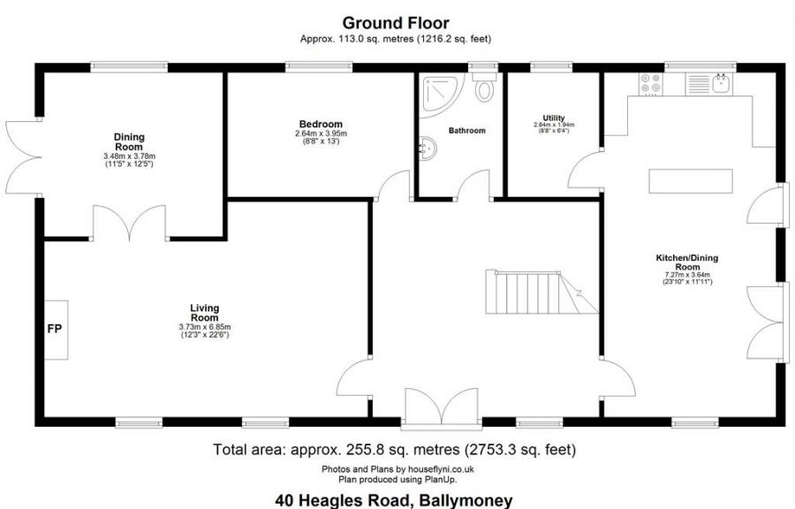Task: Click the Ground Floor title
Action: coord(396,23)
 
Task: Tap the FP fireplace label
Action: coord(55,329)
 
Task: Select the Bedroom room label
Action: coord(321,125)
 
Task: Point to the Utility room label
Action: coord(554,118)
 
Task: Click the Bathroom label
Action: coord(467,130)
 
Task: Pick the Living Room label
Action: coord(204,313)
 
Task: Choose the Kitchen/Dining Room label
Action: coord(687,262)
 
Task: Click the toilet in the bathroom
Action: coord(484,87)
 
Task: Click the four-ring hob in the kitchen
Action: coord(650,84)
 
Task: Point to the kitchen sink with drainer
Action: coord(708,84)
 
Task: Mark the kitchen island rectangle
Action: coord(691,181)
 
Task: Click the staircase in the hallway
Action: coord(541,292)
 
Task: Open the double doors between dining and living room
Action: coord(130,222)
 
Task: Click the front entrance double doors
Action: coord(442,406)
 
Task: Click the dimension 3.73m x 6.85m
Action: coord(205,327)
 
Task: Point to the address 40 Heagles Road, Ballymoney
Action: coord(393,500)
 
